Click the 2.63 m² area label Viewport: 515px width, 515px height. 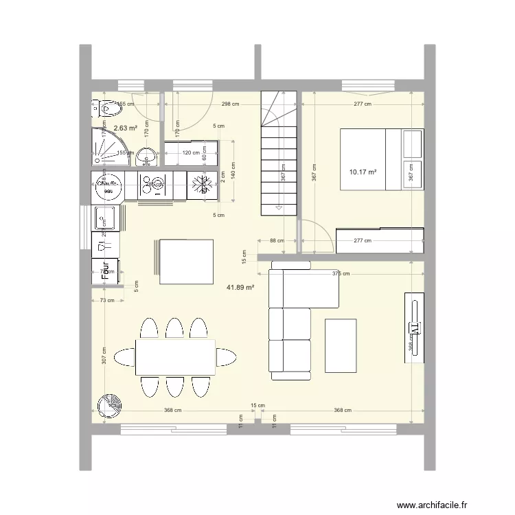coord(125,128)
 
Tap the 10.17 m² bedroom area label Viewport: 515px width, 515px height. coord(363,172)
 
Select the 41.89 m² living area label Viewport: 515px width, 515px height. coord(240,288)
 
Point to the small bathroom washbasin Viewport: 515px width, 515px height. coord(146,157)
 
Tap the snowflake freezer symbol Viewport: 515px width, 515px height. coord(202,185)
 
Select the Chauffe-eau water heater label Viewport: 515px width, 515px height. coord(108,185)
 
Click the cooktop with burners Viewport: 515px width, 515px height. coord(154,185)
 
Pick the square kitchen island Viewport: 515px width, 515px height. coord(186,261)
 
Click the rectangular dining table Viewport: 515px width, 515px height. coord(175,357)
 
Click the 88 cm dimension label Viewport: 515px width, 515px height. coord(276,240)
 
